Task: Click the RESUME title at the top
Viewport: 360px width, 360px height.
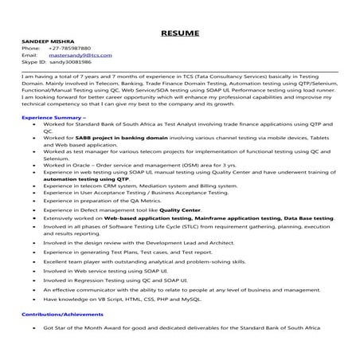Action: coord(180,33)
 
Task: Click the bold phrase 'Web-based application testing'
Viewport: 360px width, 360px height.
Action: coord(141,217)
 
